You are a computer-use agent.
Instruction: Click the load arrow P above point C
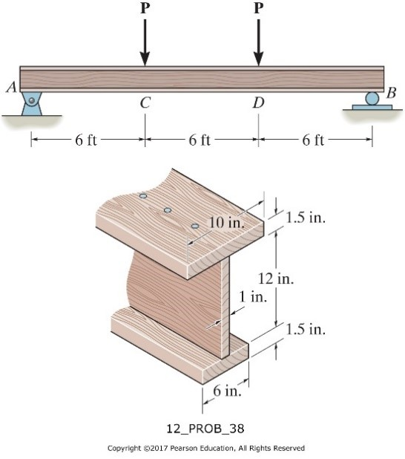tap(145, 42)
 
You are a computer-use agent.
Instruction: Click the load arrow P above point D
tap(258, 42)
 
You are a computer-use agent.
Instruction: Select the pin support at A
tap(31, 103)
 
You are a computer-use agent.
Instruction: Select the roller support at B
tap(372, 100)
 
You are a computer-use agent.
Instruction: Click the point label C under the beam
tap(145, 103)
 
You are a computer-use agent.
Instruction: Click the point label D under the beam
tap(257, 103)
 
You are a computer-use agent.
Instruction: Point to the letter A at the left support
tap(10, 88)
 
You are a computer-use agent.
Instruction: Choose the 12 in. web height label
tap(276, 279)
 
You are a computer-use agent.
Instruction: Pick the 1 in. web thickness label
tap(252, 297)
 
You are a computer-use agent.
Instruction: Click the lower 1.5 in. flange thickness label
tap(306, 329)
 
